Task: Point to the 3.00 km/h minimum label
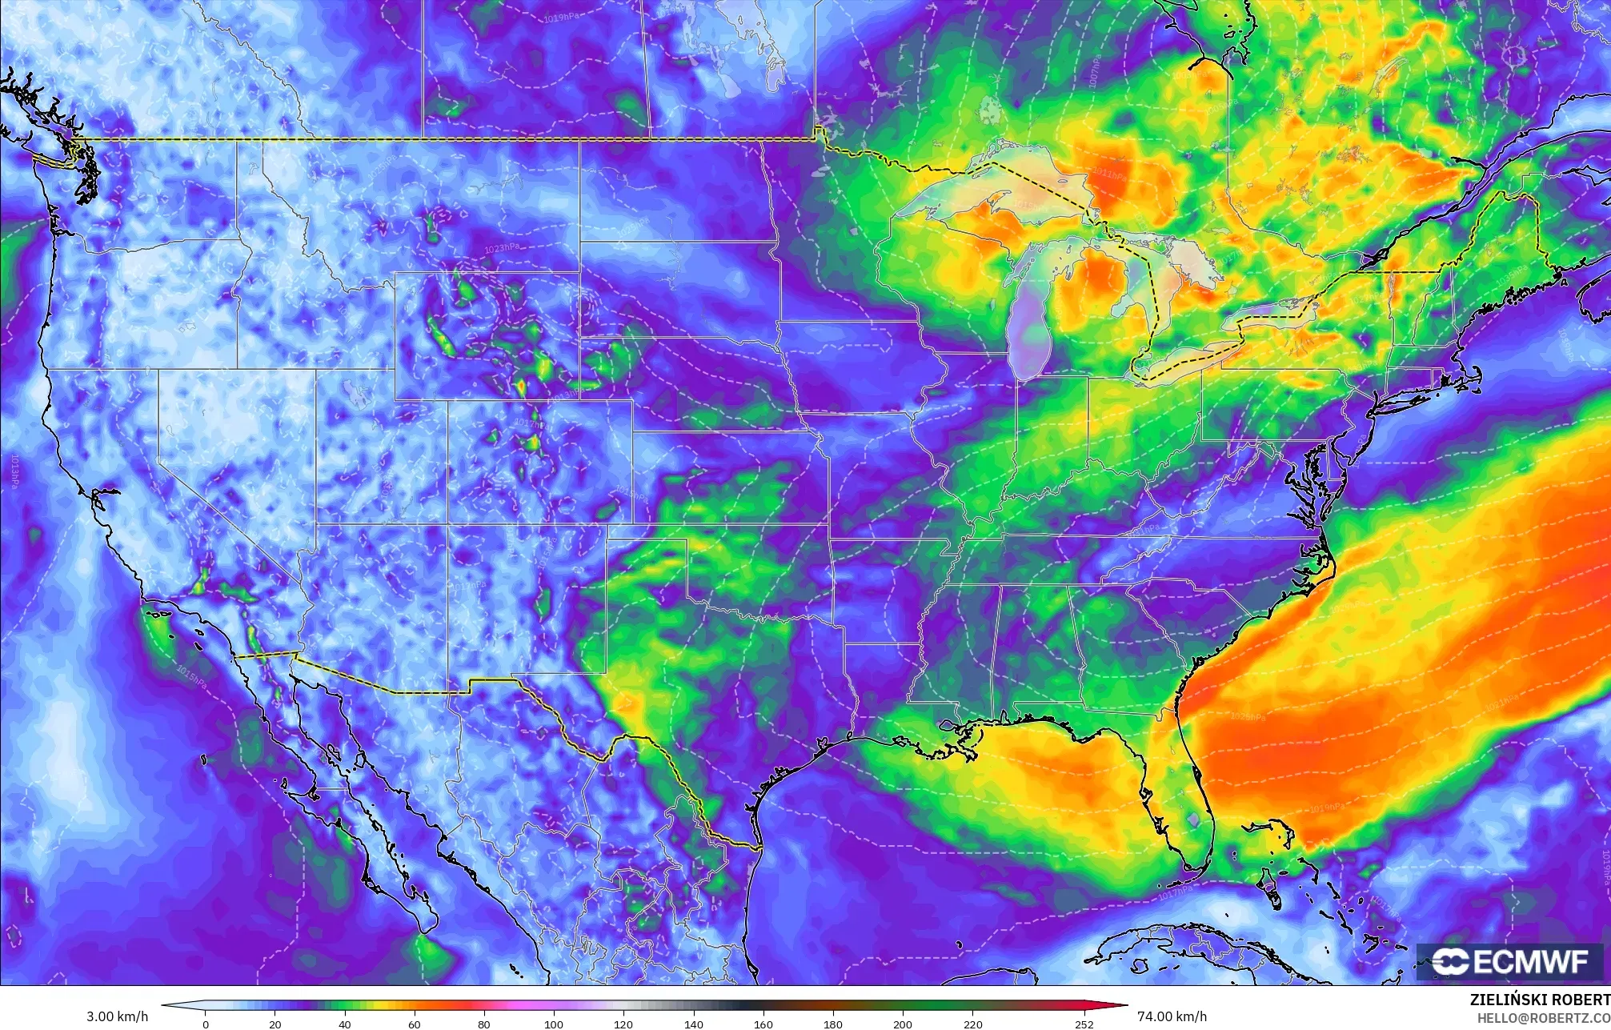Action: point(117,1016)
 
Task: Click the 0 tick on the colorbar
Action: point(206,1024)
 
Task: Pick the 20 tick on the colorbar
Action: point(275,1024)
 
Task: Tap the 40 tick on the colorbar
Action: point(345,1024)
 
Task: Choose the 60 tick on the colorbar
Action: point(415,1024)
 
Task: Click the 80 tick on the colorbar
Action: point(484,1024)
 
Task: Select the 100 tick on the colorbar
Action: point(554,1024)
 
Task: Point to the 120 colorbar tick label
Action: point(623,1024)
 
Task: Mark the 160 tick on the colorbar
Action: point(763,1024)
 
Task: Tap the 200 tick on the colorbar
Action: point(903,1024)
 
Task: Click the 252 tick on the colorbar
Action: point(1084,1024)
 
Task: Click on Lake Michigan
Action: point(1028,320)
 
